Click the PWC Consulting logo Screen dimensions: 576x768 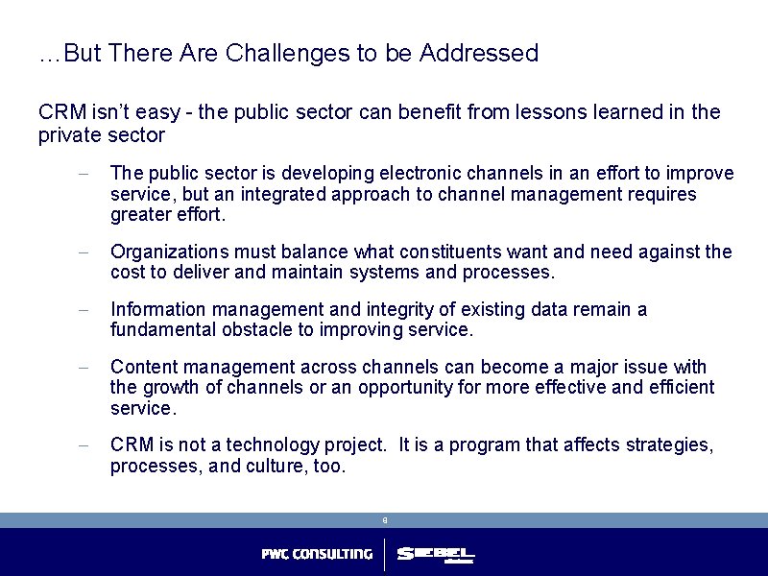click(317, 554)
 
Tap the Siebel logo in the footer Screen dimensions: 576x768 click(435, 554)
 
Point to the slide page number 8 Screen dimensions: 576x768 click(384, 520)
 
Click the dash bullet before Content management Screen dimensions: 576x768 click(84, 368)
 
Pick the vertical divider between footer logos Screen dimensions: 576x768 click(384, 554)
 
